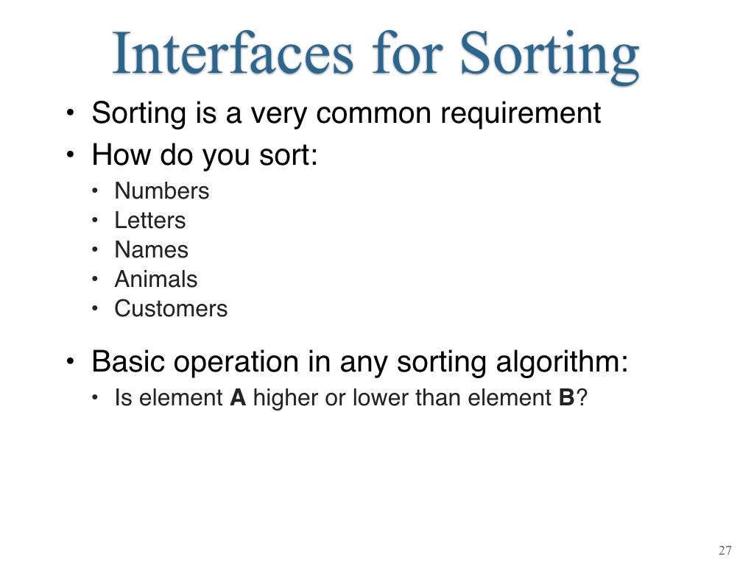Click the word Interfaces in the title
[x=233, y=53]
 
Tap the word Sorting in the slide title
[x=549, y=57]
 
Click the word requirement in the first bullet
[x=521, y=114]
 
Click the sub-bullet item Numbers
[x=161, y=191]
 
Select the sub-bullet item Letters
[x=150, y=220]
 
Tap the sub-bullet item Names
[x=152, y=250]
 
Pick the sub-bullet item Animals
[x=156, y=279]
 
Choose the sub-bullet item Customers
[x=171, y=308]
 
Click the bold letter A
[x=238, y=398]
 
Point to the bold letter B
[x=567, y=398]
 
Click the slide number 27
[x=725, y=550]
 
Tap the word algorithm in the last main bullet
[x=562, y=362]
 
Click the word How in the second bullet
[x=121, y=154]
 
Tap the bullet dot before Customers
[x=95, y=308]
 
